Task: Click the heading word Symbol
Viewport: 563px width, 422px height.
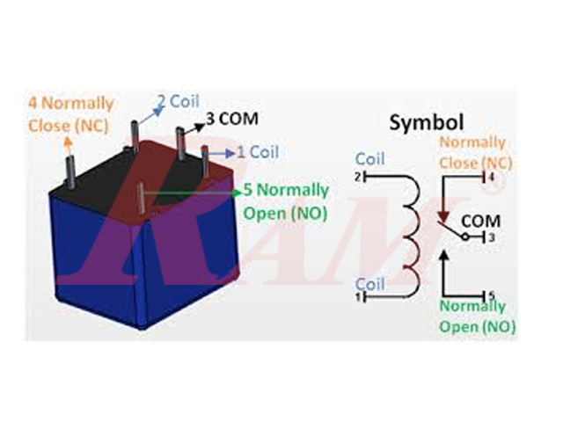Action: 427,122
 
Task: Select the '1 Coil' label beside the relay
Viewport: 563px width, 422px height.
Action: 258,152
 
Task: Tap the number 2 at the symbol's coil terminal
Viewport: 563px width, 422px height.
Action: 359,177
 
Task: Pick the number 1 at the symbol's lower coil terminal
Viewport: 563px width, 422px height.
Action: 359,297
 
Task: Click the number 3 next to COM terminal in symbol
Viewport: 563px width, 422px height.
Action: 492,237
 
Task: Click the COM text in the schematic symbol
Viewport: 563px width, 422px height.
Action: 479,220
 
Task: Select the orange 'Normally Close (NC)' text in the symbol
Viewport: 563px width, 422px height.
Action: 473,152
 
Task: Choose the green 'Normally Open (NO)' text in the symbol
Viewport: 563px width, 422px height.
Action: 472,316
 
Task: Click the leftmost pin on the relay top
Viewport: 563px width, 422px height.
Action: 67,168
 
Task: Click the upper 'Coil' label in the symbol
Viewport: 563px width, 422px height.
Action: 369,159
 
